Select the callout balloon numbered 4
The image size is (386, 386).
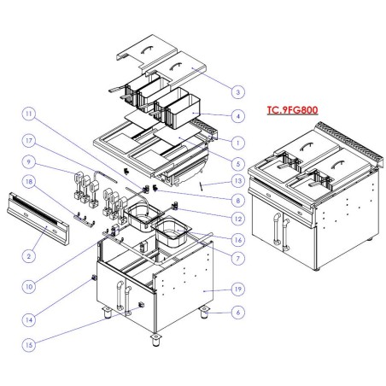tap(238, 116)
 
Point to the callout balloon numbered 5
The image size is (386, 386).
tap(238, 162)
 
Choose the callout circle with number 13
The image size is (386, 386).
tap(238, 182)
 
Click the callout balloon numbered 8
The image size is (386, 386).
tap(238, 201)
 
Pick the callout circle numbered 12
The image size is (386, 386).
tap(238, 220)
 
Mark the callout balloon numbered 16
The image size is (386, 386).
tap(238, 240)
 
